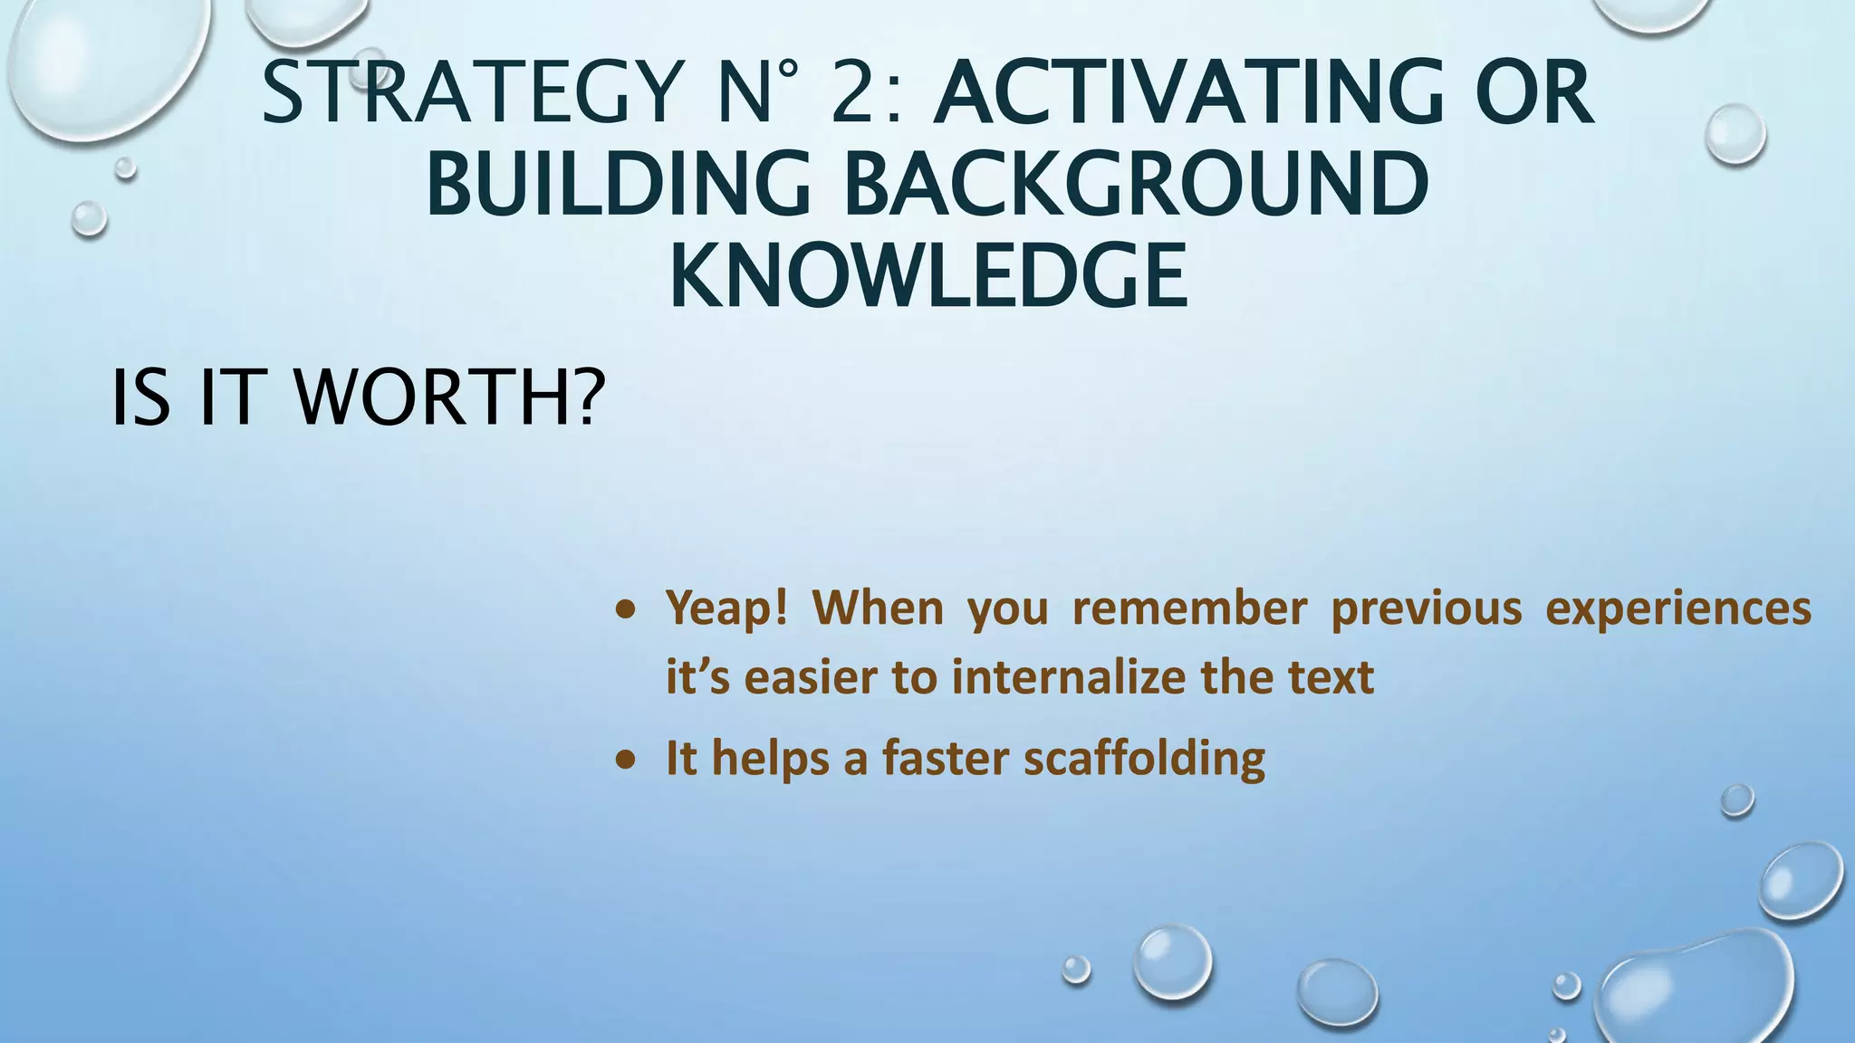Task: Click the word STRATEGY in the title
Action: click(x=471, y=93)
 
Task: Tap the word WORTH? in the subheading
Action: click(x=449, y=398)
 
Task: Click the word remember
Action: click(x=1189, y=608)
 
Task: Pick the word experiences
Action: click(x=1677, y=608)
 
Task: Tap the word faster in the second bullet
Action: click(x=945, y=758)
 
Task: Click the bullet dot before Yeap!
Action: click(x=624, y=611)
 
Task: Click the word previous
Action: click(x=1426, y=608)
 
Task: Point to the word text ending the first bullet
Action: click(x=1331, y=677)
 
